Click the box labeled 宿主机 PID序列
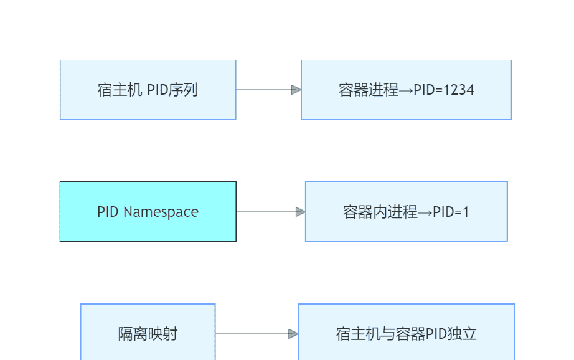[x=148, y=90]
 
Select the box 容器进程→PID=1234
[x=406, y=90]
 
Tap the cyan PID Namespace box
[x=148, y=212]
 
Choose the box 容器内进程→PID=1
[x=406, y=212]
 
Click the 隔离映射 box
[x=148, y=334]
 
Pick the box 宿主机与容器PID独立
[x=406, y=334]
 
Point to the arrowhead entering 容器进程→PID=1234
[x=296, y=90]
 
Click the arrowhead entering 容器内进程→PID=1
[x=300, y=212]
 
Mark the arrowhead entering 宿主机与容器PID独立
[x=293, y=334]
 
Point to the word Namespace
[x=161, y=212]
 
